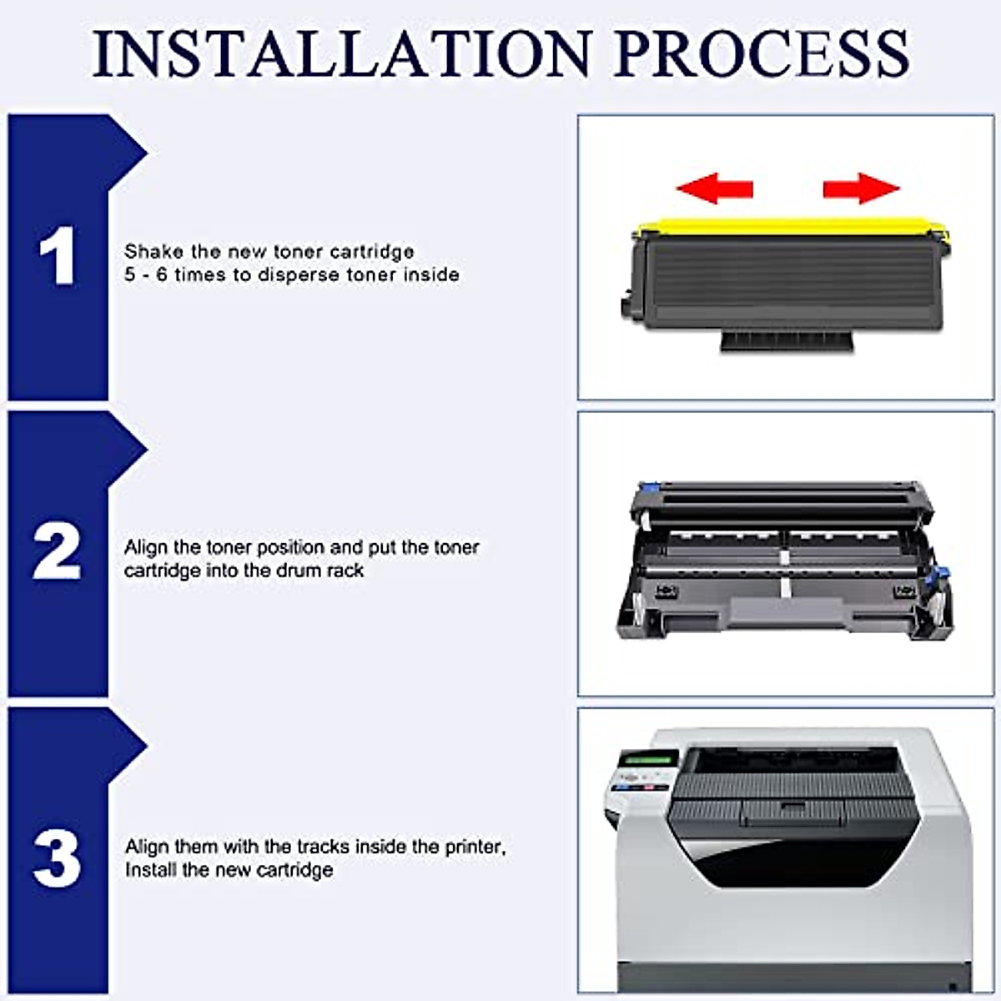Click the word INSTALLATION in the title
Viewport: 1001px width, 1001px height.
[341, 53]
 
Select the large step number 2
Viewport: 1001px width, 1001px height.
[57, 551]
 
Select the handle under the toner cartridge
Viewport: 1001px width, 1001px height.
[788, 340]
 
